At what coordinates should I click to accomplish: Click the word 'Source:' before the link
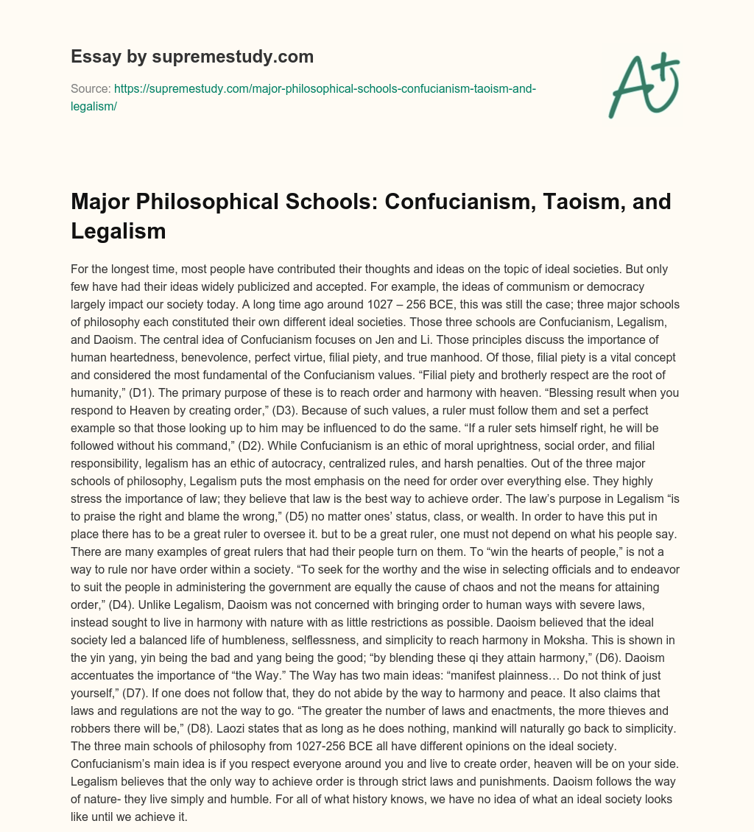point(89,88)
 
